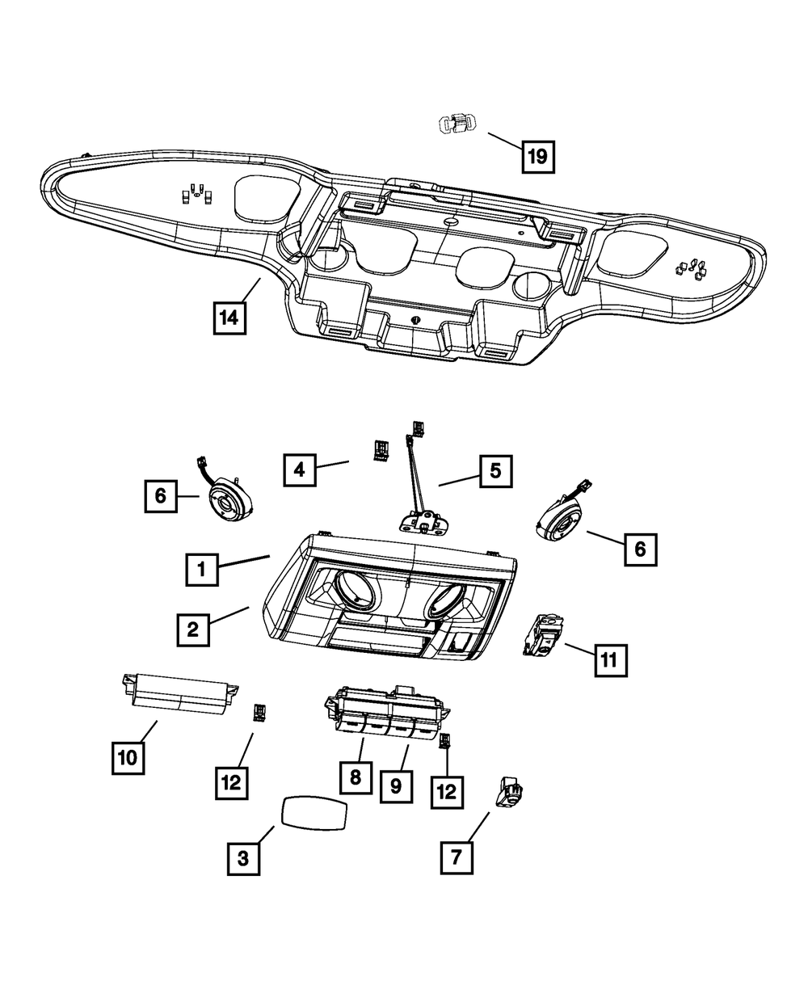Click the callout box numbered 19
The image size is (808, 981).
click(538, 157)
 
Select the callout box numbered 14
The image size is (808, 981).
click(229, 318)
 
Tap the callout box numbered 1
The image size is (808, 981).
click(201, 570)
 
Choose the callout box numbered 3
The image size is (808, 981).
click(243, 859)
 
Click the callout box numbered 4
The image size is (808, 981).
click(300, 469)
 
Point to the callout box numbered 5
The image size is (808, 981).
click(495, 471)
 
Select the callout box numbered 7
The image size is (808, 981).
click(457, 858)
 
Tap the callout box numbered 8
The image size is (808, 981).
click(356, 777)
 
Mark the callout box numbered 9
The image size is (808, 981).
click(396, 786)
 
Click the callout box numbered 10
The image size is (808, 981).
click(128, 757)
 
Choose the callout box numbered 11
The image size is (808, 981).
click(611, 660)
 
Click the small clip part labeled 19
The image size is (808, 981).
click(457, 125)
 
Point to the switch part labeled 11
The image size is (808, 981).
click(544, 636)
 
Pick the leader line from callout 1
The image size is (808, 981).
click(244, 562)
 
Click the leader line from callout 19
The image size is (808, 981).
click(505, 141)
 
